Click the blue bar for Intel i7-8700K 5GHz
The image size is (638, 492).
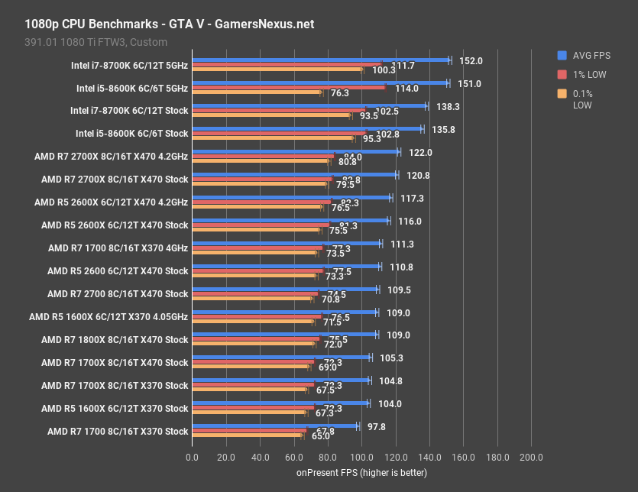click(321, 60)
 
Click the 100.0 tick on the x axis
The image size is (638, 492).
click(361, 458)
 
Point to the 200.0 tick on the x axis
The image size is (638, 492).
click(531, 458)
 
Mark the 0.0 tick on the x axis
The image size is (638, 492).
click(193, 458)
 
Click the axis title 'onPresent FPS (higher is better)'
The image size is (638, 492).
click(361, 473)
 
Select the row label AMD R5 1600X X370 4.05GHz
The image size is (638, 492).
click(108, 317)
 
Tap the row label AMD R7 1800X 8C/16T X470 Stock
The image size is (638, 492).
click(115, 340)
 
